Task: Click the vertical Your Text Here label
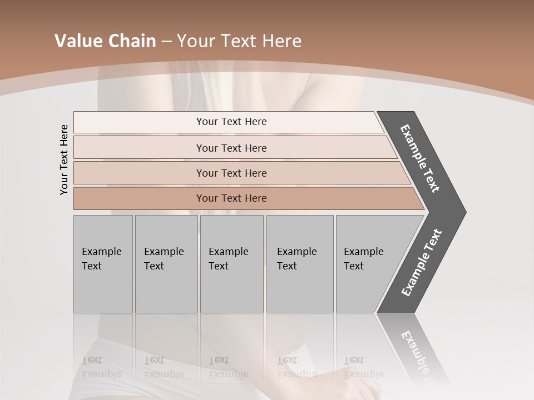point(64,159)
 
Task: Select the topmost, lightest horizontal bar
point(231,122)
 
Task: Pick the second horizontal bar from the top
point(231,148)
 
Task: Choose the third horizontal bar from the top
point(231,173)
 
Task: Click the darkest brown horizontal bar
point(231,198)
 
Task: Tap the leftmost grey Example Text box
point(103,264)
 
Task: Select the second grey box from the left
point(166,264)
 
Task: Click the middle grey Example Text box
point(231,264)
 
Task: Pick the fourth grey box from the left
point(300,264)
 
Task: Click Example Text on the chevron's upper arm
point(420,158)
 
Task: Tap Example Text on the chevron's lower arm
point(422,263)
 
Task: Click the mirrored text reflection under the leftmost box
point(101,367)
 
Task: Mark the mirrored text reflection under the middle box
point(228,367)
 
